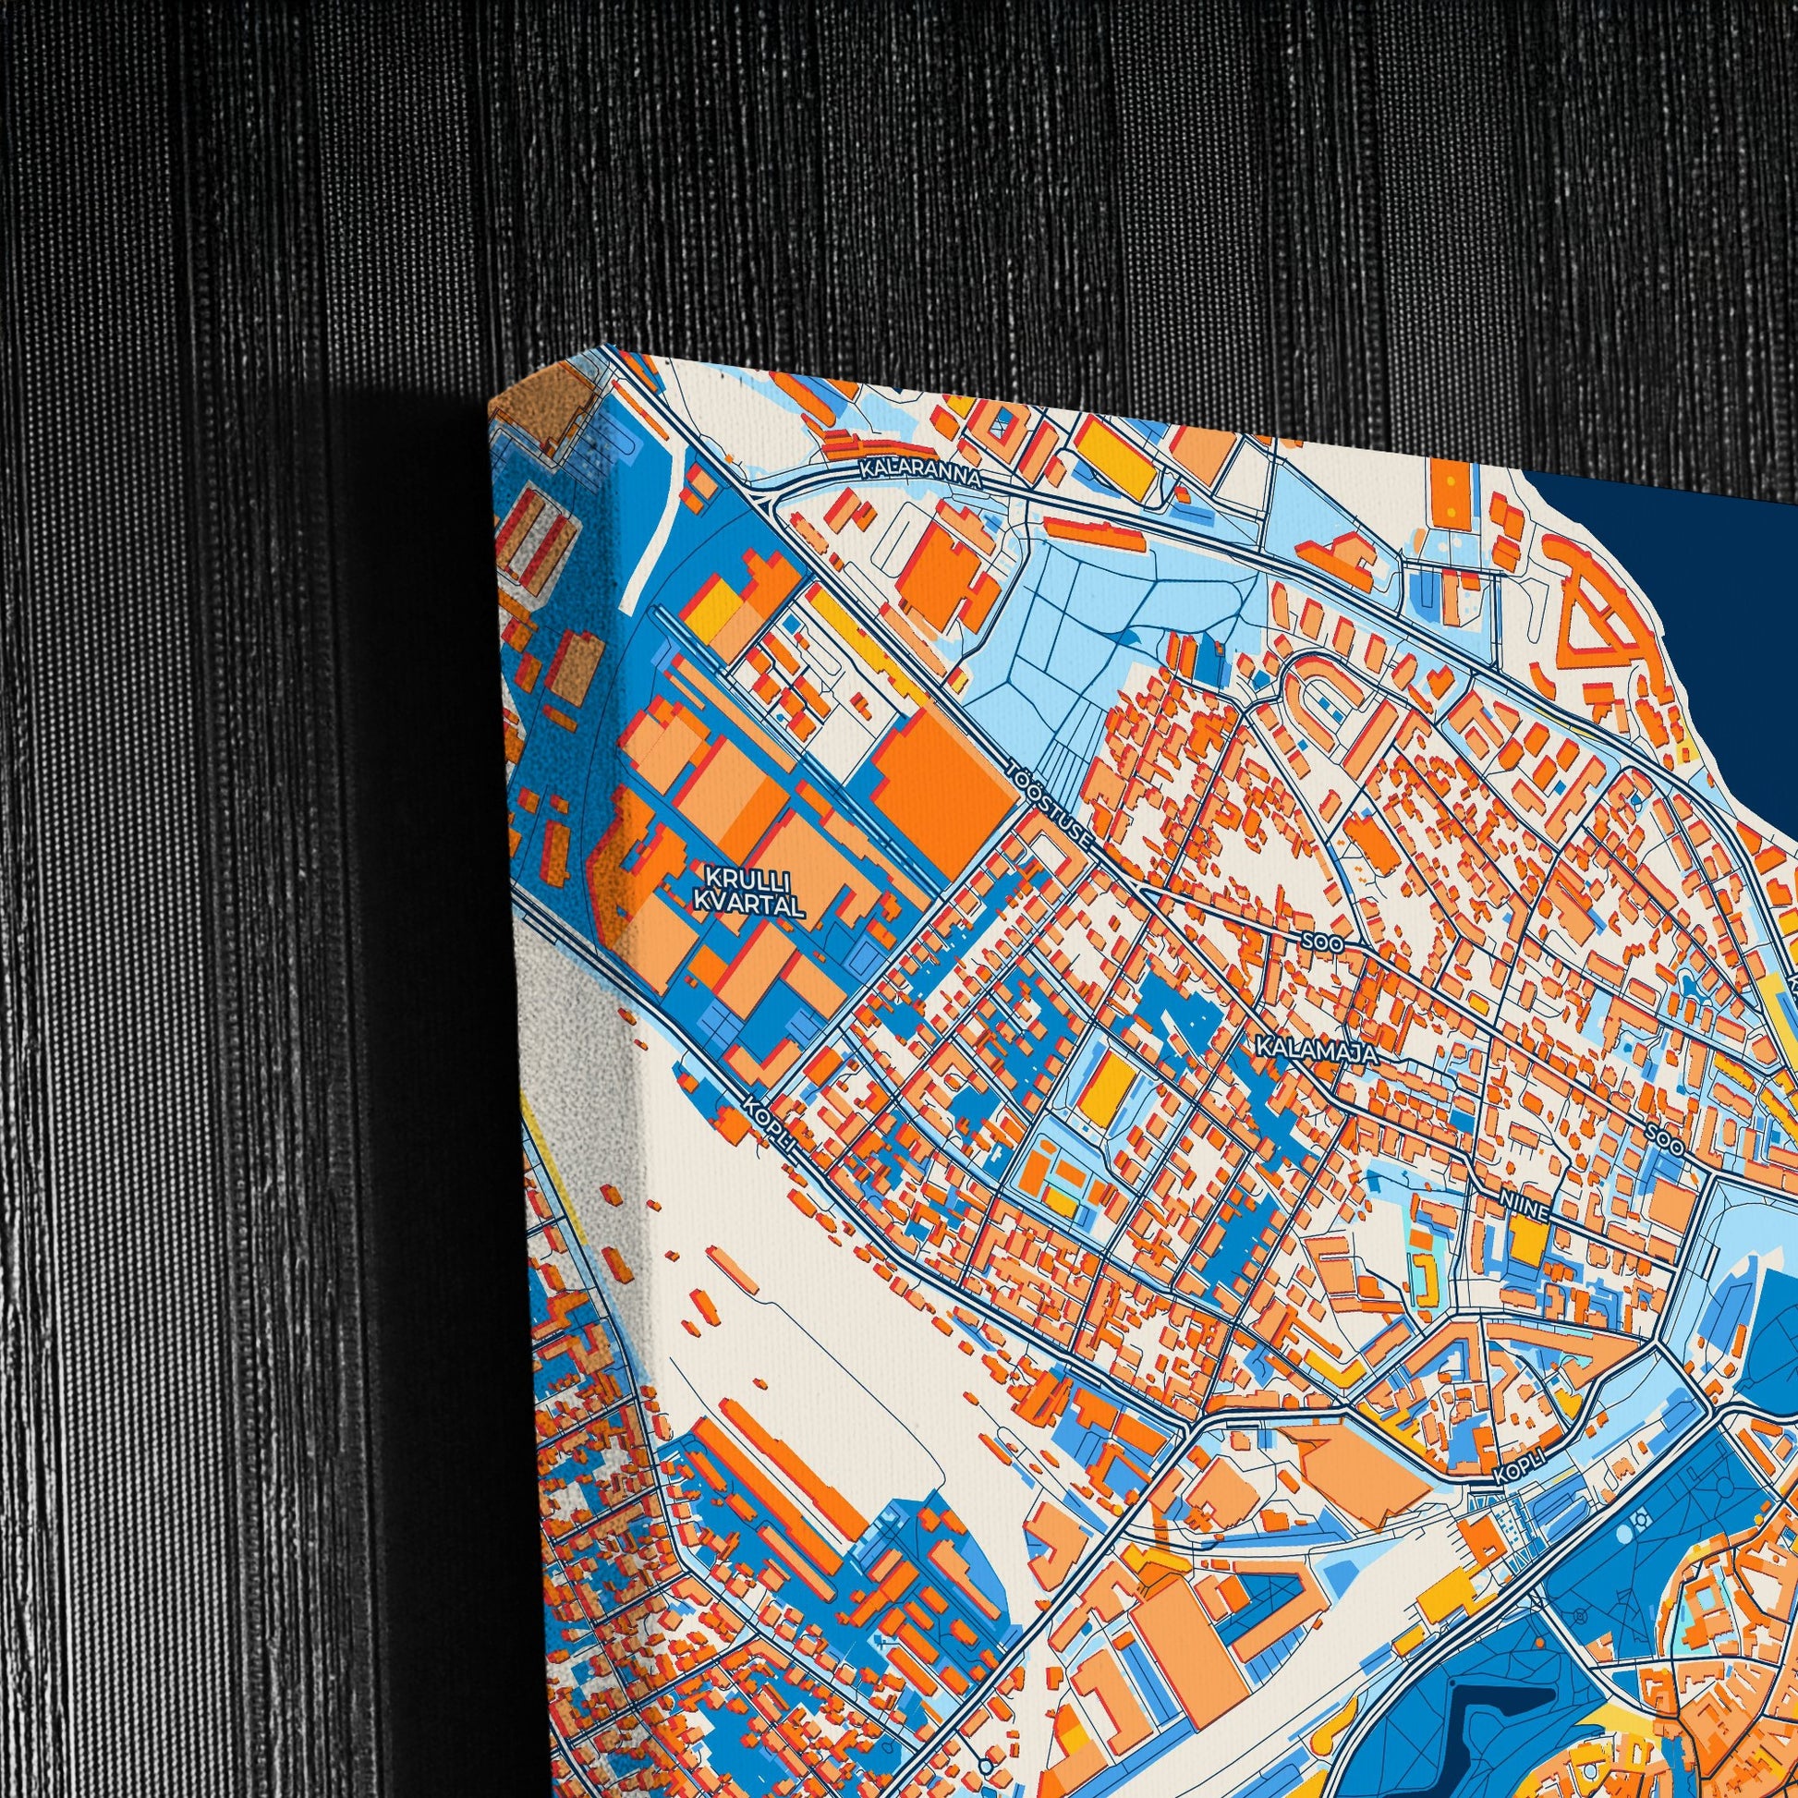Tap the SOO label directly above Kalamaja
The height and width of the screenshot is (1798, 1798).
tap(1322, 942)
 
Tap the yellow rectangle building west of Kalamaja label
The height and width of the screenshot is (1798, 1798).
tap(1107, 1085)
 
